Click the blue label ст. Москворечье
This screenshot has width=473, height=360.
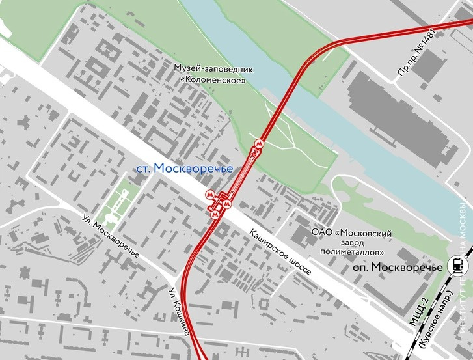(x=184, y=169)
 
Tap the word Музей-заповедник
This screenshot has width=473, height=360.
(x=213, y=68)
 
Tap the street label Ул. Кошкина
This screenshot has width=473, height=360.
(x=179, y=312)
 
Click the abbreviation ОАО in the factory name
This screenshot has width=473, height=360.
(x=322, y=232)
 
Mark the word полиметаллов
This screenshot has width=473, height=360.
(x=351, y=252)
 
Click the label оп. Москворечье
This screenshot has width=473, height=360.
(x=393, y=268)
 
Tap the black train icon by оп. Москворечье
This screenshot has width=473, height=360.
(x=455, y=266)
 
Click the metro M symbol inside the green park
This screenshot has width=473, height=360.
(x=260, y=144)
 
